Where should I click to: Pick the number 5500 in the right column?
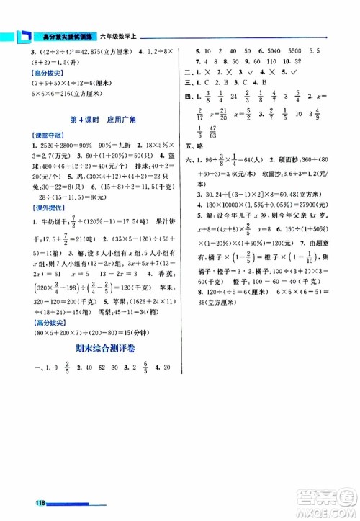pos(294,52)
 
